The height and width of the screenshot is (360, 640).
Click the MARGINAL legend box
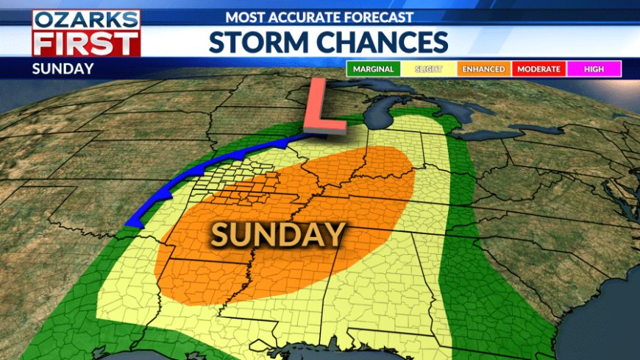[373, 69]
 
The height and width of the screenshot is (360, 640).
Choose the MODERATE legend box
[539, 69]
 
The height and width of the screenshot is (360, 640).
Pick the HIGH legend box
[594, 69]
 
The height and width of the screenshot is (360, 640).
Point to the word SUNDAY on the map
[278, 235]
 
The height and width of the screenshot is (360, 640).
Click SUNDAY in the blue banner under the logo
[63, 69]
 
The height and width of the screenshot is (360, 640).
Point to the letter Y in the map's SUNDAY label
[335, 235]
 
